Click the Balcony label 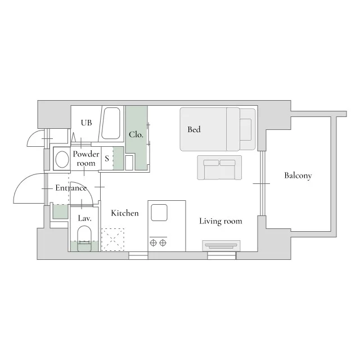coord(298,175)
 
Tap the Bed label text coord(194,129)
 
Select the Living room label coord(220,221)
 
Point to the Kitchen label coord(125,213)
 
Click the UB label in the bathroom coord(86,123)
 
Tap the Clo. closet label coord(136,134)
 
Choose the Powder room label coord(86,159)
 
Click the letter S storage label coord(107,159)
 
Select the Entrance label coord(71,188)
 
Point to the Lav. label coord(85,218)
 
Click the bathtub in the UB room coord(111,123)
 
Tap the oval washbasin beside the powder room coord(62,159)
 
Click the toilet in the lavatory coord(84,238)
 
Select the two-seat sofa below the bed coord(219,168)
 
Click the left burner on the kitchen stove coord(153,242)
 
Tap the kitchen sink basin coord(159,213)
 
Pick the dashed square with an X coord(112,240)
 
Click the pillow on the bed coord(246,129)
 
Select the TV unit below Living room coord(221,246)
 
